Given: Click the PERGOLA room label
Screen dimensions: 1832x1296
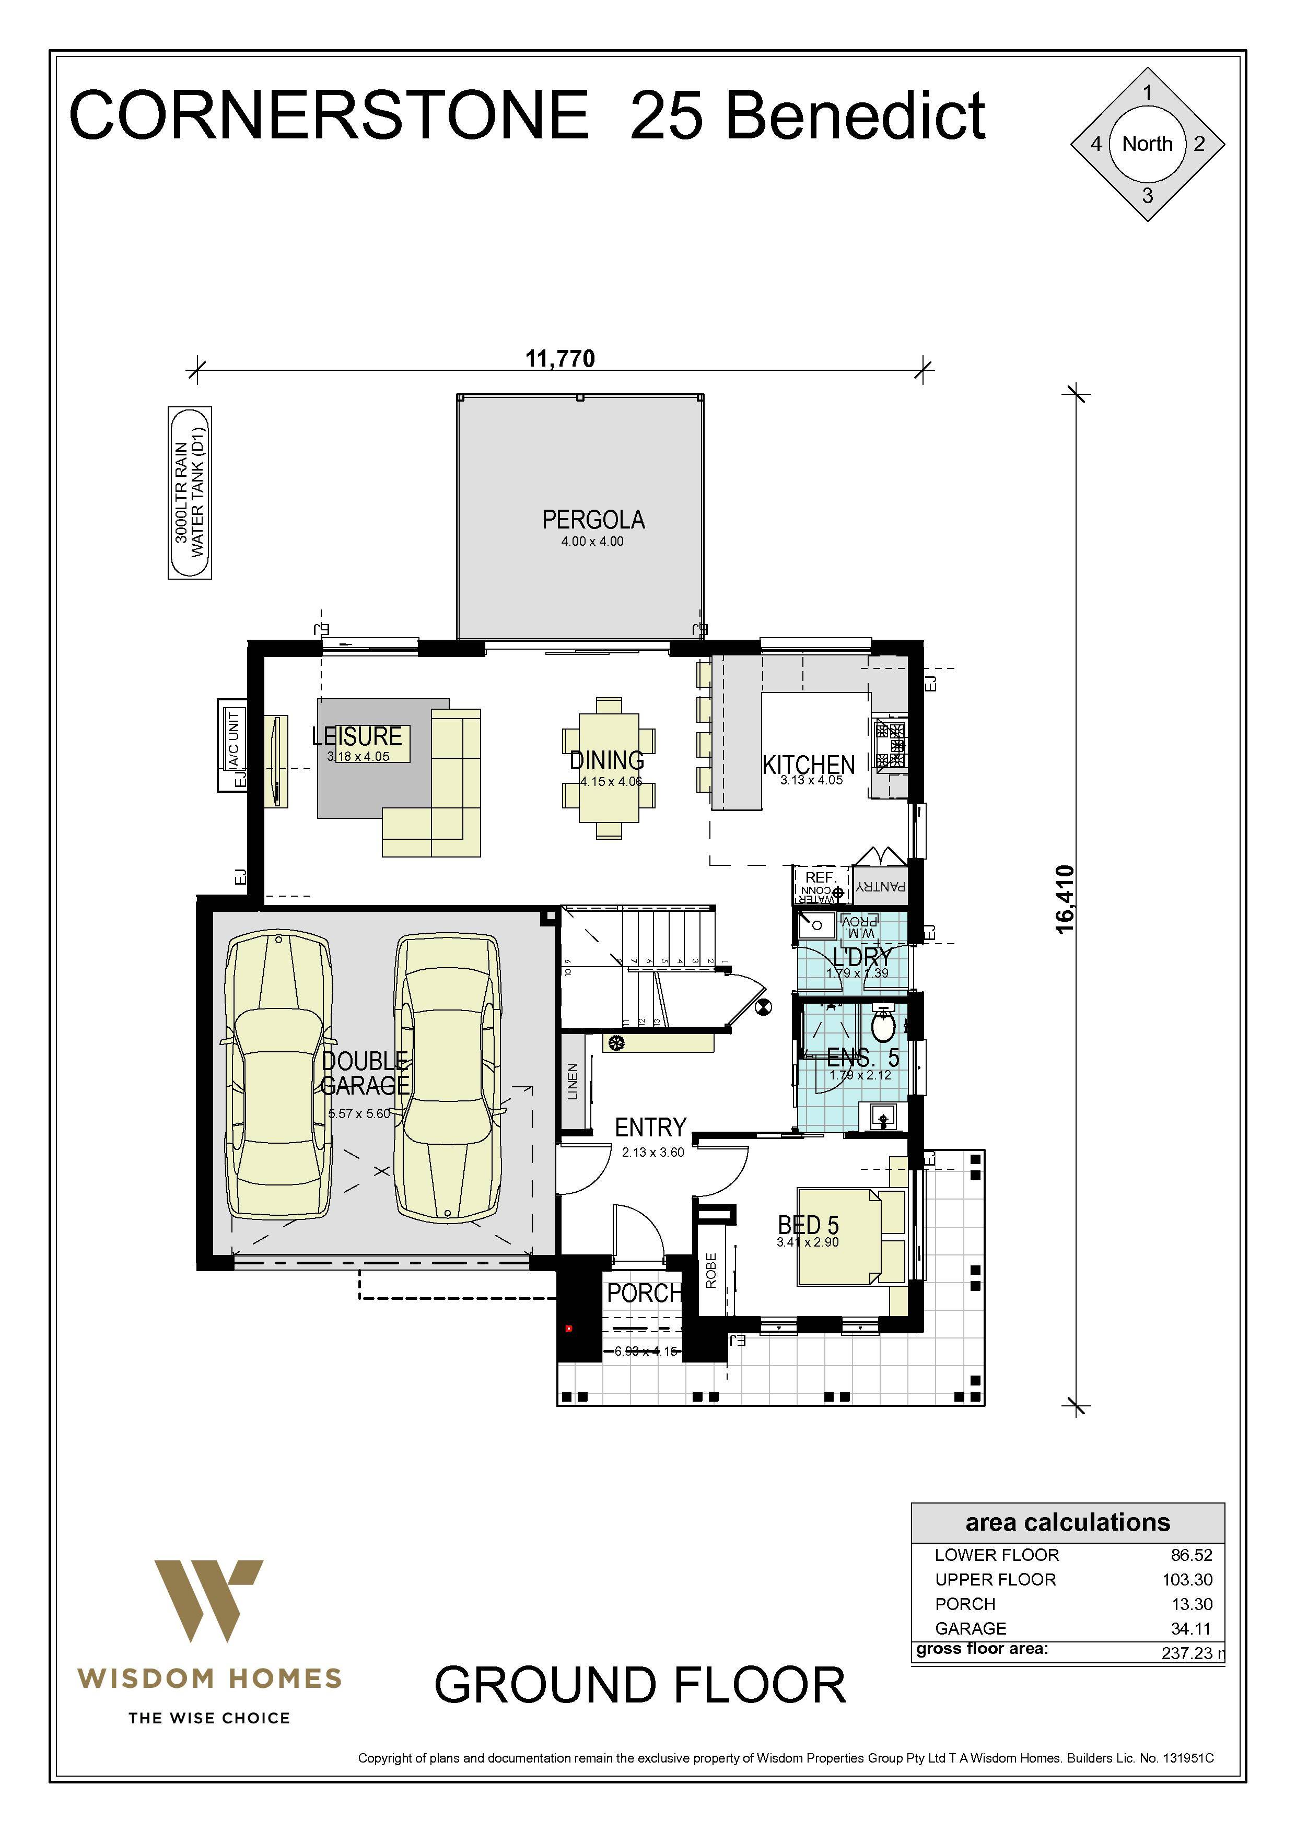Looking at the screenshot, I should (x=593, y=520).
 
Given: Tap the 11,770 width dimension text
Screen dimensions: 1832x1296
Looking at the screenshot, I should (x=559, y=359).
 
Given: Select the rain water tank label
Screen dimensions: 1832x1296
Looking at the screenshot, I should (x=190, y=492).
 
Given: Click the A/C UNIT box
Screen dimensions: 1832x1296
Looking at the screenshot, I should (x=232, y=745).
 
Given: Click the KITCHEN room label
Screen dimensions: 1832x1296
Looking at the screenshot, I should (x=809, y=765).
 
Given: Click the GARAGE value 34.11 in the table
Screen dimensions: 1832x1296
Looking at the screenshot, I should (x=1190, y=1628).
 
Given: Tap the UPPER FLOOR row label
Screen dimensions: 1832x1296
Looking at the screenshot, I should (x=995, y=1579).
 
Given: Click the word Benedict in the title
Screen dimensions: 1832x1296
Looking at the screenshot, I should (x=855, y=116).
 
